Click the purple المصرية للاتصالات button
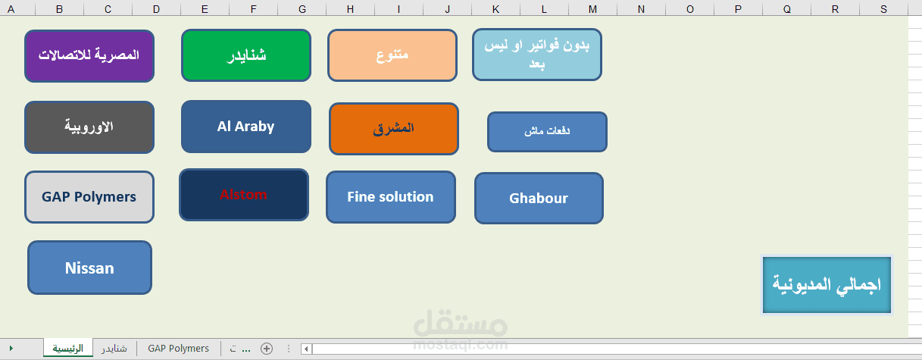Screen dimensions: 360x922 89,55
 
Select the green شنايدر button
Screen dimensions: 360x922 246,55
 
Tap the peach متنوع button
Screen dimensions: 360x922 392,55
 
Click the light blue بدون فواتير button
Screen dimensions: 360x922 537,55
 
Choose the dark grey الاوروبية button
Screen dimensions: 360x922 89,127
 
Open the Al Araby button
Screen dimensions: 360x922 246,127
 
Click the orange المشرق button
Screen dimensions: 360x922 394,129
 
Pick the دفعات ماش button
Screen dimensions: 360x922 547,132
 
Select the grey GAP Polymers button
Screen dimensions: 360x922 89,197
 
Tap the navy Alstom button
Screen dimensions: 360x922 244,195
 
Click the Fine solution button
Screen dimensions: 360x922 391,197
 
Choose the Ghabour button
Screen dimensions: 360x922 539,199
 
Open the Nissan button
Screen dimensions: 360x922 89,268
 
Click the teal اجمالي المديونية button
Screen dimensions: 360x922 827,284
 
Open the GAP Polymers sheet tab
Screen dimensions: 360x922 178,349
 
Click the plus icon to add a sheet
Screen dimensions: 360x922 266,349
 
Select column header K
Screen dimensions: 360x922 495,9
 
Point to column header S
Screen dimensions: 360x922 884,9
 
